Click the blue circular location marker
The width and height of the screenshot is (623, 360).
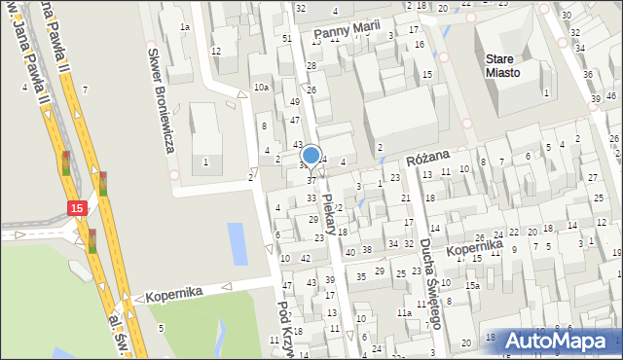[311, 155]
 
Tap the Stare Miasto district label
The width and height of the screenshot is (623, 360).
[503, 65]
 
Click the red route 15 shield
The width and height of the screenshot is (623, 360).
[78, 207]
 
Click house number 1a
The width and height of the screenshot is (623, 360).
[184, 27]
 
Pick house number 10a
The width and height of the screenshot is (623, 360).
[261, 88]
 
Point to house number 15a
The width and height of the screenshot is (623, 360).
[472, 285]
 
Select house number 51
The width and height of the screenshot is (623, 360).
[286, 38]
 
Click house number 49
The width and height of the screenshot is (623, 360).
[295, 101]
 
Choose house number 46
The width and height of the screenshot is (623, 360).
[610, 95]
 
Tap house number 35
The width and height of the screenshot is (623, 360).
[361, 276]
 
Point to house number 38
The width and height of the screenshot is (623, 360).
[367, 250]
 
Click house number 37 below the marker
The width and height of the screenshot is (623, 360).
[311, 180]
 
